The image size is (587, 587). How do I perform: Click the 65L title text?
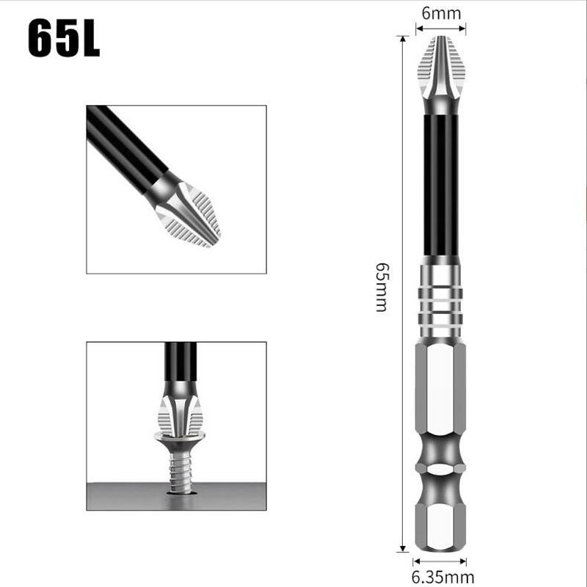coord(64,40)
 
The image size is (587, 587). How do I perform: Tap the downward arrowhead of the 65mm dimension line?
coord(403,547)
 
